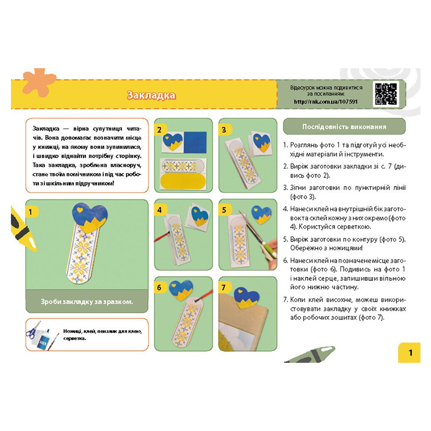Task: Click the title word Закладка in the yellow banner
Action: pos(151,95)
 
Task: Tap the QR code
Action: pos(386,94)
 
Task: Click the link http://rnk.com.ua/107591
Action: pos(326,102)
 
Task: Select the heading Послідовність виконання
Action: pos(344,127)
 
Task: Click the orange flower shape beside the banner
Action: pos(39,82)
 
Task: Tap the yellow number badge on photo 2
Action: pos(160,130)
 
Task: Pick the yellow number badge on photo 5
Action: pos(224,210)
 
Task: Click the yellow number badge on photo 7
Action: pos(224,287)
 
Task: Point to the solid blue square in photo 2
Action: pos(195,142)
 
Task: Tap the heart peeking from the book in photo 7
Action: pos(246,298)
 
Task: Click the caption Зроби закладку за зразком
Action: pos(87,301)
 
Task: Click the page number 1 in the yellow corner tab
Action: pos(410,353)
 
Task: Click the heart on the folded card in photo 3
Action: pos(261,143)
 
